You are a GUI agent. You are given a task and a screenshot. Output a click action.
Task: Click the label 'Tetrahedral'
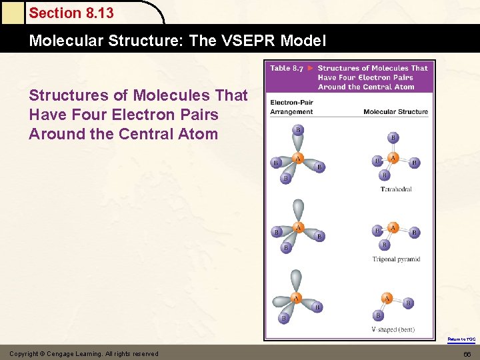396,189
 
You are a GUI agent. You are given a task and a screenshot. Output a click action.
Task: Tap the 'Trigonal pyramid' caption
396,259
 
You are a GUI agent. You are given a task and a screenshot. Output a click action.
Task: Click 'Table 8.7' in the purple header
287,68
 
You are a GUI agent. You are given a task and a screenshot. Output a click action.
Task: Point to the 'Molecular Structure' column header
395,112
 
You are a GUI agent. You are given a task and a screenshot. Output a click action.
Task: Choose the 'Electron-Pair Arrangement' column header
291,107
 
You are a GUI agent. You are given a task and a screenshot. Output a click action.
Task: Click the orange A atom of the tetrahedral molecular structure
393,158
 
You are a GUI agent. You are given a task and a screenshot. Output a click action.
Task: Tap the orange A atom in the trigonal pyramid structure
393,228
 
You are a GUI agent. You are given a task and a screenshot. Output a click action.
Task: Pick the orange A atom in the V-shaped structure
387,298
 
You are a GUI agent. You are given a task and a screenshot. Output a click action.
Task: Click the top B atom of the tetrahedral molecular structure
393,138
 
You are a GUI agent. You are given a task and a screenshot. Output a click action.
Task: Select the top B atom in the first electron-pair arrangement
298,129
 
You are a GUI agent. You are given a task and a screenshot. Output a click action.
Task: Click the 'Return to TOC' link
461,339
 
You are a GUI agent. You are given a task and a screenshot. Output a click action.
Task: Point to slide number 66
467,353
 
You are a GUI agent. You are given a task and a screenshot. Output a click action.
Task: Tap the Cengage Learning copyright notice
83,353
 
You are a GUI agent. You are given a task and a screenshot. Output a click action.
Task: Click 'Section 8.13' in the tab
71,13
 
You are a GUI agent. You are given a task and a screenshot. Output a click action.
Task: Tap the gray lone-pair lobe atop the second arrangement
298,208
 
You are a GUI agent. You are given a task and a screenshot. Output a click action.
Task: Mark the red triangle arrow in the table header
310,68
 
